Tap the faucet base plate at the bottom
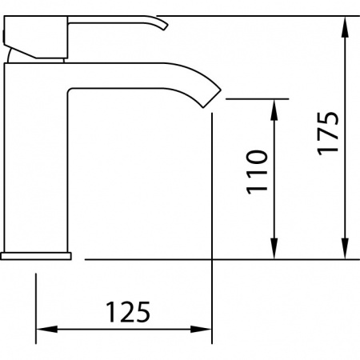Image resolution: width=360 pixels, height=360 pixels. click(x=36, y=255)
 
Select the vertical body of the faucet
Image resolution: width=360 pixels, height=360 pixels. click(x=36, y=160)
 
